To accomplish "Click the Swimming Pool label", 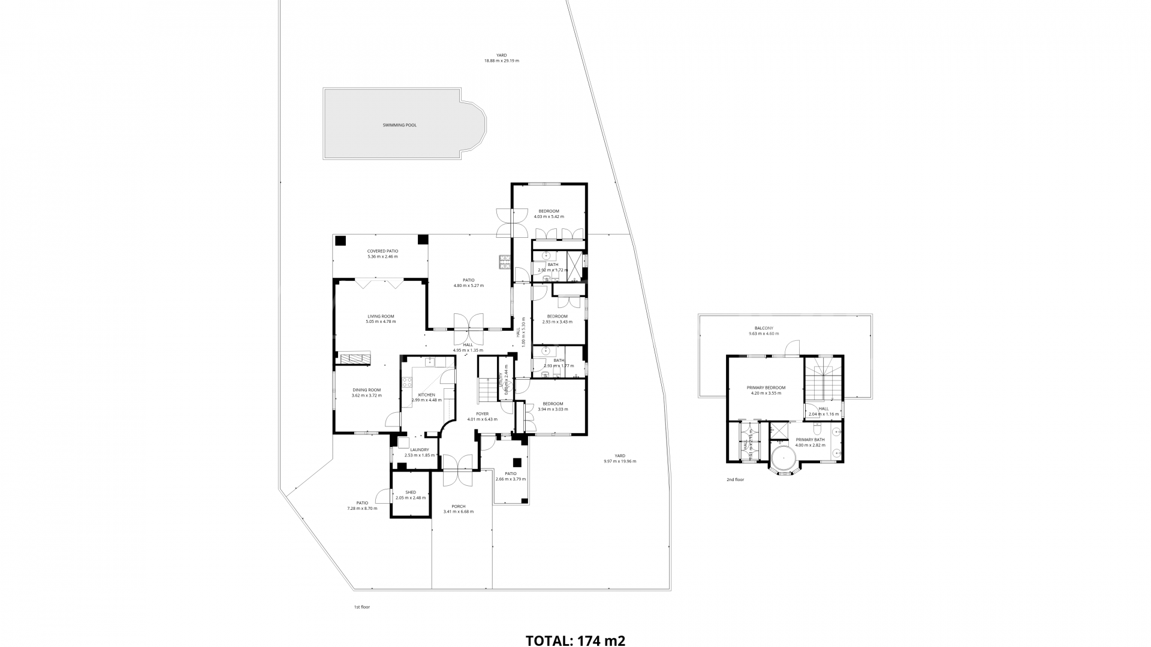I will (399, 125).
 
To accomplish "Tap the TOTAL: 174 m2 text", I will (575, 640).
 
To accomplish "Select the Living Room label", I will (381, 319).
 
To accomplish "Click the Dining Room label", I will (366, 392).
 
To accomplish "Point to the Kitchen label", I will (426, 397).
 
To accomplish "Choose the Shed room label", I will (411, 495).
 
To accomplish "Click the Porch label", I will (458, 509).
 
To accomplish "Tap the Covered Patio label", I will (382, 253).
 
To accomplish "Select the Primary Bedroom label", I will (766, 390).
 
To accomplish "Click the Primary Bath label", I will (810, 442).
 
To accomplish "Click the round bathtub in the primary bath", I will (782, 460).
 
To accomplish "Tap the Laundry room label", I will (419, 452).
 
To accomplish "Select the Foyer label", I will (482, 416).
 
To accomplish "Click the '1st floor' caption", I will (361, 607).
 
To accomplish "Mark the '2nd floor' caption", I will (735, 479).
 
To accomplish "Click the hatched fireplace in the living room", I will (355, 358).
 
